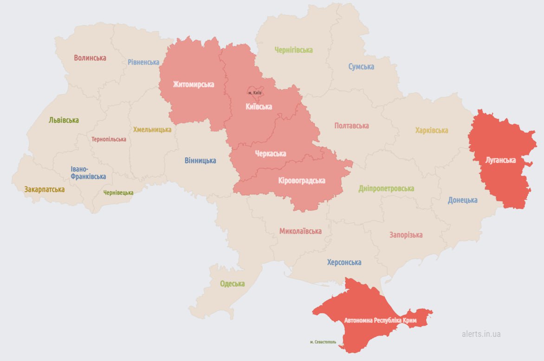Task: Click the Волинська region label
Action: (90, 58)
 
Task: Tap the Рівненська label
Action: (143, 62)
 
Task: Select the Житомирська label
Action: (193, 85)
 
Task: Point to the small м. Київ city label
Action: (255, 93)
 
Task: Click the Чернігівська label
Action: (293, 50)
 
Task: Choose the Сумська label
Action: (361, 66)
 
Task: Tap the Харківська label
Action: (431, 130)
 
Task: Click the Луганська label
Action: (500, 160)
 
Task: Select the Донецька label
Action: (462, 200)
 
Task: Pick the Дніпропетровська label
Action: (386, 189)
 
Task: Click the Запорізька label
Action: (406, 235)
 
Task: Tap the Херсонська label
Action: (344, 263)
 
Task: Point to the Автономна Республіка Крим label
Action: (380, 321)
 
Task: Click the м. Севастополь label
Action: (323, 342)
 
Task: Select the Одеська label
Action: (232, 284)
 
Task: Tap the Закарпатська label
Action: (45, 190)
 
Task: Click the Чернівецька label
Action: (118, 193)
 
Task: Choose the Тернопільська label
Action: (109, 139)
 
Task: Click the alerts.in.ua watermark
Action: (481, 334)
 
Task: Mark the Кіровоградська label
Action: (302, 181)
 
